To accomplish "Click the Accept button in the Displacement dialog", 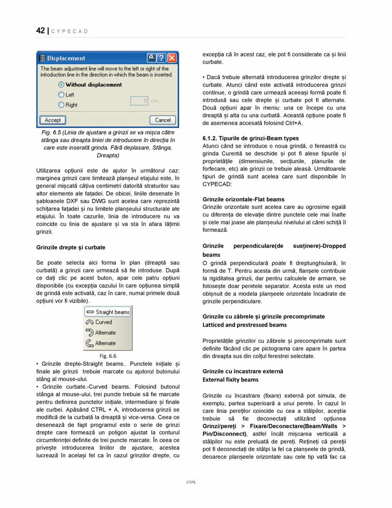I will pos(53,120).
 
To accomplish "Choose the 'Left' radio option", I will pos(61,95).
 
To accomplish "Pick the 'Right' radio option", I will pos(61,105).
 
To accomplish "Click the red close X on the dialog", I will pos(172,58).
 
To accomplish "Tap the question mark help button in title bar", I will pos(162,58).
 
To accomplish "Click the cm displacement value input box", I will pos(139,101).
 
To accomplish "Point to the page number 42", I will pos(41,31).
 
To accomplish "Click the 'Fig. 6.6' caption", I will pos(108,356).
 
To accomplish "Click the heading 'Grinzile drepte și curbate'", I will pos(71,247).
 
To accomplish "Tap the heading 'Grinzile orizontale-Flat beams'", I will pos(243,199).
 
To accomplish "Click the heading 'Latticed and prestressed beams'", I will pos(244,325).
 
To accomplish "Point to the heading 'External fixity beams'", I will pos(230,380).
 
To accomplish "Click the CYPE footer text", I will pos(191,482).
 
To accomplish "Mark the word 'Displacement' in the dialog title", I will pos(66,58).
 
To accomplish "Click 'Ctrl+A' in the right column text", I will pos(293,123).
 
